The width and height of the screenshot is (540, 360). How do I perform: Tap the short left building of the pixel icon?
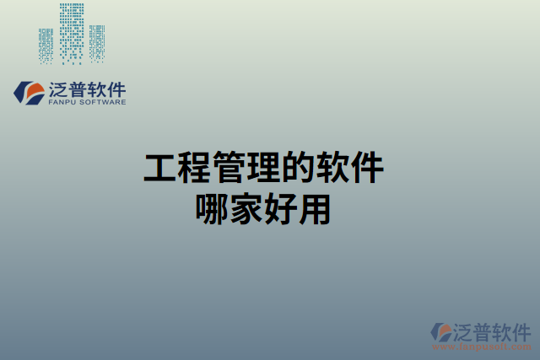46,46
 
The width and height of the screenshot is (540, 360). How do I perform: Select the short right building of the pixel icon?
97,43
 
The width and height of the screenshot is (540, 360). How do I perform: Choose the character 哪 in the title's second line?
211,208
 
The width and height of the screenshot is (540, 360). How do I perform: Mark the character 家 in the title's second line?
246,208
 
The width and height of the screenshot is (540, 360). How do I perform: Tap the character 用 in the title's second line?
314,208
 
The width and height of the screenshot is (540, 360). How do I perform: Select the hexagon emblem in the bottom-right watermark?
441,332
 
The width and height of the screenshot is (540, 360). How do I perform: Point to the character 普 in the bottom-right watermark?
483,330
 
